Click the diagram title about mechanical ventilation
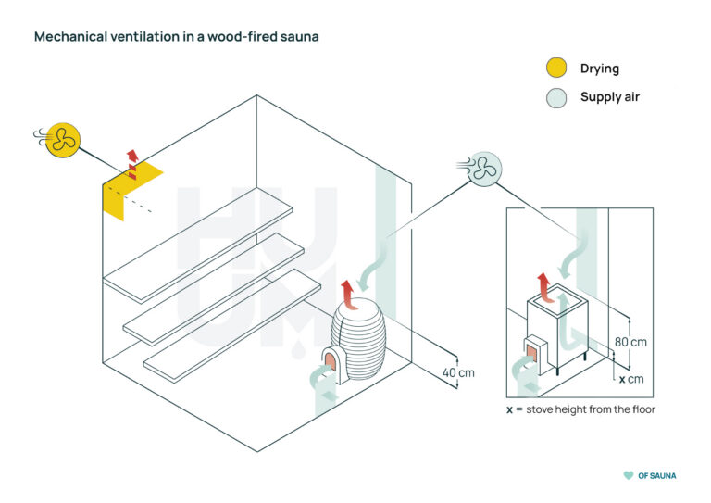[177, 37]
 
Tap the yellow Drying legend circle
[555, 68]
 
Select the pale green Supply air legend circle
[555, 97]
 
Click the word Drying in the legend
[600, 68]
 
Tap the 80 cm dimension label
[631, 342]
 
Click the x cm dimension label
[631, 379]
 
